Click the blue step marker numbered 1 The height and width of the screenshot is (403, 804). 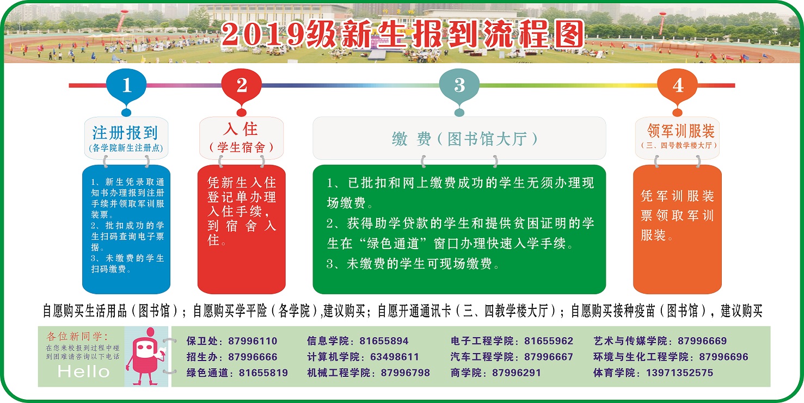coord(126,86)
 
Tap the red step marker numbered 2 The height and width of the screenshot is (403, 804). coord(241,86)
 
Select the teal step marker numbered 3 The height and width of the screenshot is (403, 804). coord(459,86)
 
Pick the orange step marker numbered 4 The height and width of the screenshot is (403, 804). coord(677,86)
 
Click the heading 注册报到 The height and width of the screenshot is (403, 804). coord(125,132)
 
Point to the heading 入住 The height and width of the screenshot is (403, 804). coord(241,129)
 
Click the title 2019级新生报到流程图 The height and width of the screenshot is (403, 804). coord(403,35)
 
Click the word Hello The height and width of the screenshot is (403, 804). coord(83,372)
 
